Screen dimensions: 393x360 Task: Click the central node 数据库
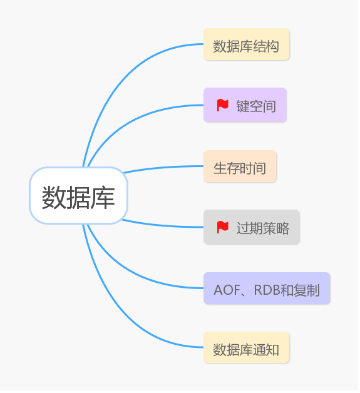78,196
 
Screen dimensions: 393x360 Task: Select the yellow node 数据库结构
246,45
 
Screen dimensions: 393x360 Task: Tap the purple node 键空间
245,105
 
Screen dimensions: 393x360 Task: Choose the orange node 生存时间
240,167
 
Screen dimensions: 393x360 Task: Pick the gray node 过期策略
252,227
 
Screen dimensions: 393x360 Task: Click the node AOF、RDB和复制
267,289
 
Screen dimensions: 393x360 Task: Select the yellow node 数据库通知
246,349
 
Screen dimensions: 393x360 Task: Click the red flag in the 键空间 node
222,105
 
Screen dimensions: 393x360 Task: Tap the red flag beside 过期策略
222,227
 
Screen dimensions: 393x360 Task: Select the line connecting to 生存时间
163,167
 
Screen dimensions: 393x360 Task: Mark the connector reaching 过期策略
163,226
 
